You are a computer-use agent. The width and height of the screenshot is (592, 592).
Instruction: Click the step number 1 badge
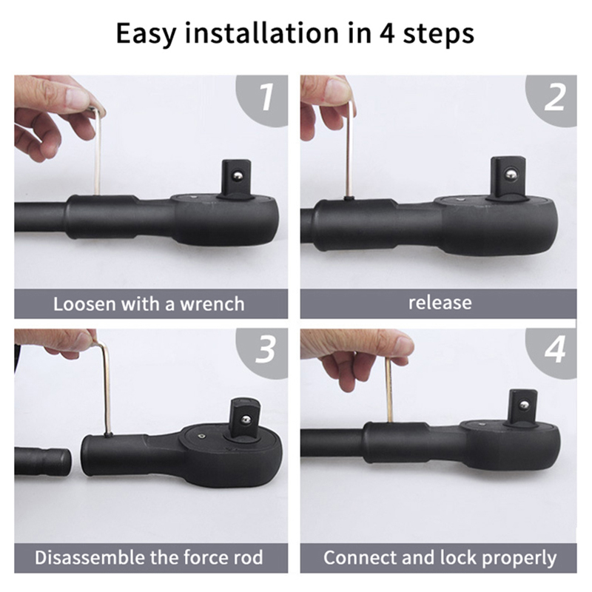[x=266, y=99]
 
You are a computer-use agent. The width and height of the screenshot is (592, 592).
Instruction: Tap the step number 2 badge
[x=554, y=99]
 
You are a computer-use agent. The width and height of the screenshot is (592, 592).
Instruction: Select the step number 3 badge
[x=266, y=351]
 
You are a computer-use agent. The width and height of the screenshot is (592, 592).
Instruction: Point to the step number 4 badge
[x=554, y=351]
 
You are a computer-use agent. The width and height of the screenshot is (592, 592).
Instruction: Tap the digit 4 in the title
[x=387, y=33]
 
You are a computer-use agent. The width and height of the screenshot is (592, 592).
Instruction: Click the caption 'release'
[x=440, y=303]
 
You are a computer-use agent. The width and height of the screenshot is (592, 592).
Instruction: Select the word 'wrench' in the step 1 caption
[x=212, y=304]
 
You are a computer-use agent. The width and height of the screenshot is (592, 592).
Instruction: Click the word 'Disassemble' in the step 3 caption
[x=90, y=557]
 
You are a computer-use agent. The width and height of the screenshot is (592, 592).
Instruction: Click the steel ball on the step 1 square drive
[x=238, y=175]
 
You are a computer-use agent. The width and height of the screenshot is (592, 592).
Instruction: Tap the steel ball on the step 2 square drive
[x=511, y=173]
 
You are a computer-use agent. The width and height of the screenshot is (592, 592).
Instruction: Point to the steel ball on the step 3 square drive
[x=246, y=420]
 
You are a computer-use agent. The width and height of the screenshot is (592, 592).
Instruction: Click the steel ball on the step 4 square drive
[x=524, y=406]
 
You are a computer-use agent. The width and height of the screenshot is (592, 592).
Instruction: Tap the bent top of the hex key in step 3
[x=102, y=343]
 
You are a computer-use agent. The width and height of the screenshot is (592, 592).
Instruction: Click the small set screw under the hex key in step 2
[x=349, y=198]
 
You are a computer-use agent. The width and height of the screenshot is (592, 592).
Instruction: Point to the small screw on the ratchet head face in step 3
[x=201, y=437]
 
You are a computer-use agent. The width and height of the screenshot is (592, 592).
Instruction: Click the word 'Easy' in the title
[x=146, y=34]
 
